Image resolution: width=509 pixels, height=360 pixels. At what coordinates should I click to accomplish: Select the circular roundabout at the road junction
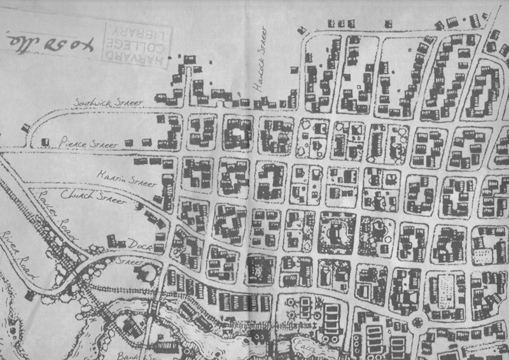419,321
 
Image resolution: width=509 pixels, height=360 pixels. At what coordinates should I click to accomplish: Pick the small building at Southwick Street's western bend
25,128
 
